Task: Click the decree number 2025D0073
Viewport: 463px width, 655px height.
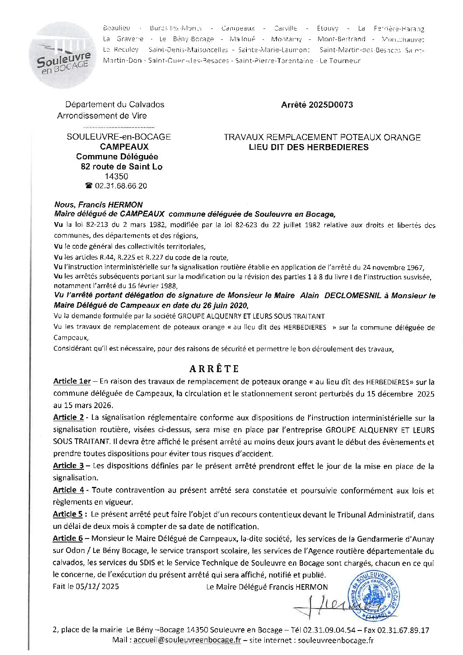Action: click(317, 105)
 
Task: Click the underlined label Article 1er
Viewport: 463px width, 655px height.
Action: click(72, 381)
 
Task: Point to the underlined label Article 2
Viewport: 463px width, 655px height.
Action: click(68, 417)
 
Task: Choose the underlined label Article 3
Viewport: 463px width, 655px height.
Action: click(68, 466)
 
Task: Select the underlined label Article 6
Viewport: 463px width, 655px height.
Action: click(68, 538)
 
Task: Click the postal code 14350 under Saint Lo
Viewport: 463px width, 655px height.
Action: click(117, 176)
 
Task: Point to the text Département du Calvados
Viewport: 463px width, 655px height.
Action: click(115, 105)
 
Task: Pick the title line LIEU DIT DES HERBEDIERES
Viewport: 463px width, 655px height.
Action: click(308, 148)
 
